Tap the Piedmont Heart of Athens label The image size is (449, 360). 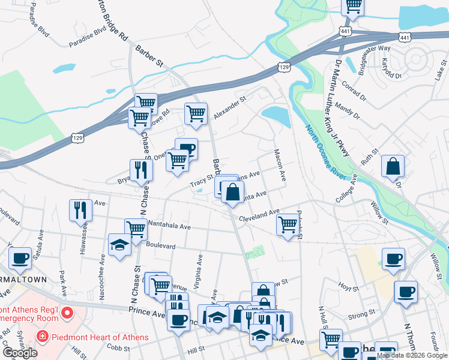(x=98, y=337)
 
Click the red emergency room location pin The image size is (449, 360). (x=67, y=313)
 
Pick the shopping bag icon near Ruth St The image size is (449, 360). (x=393, y=167)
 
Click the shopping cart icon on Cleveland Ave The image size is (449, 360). (x=288, y=225)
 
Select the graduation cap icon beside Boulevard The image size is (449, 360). (x=119, y=245)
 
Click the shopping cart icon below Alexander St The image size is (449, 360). (x=196, y=113)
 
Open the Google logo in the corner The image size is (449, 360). (x=20, y=353)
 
